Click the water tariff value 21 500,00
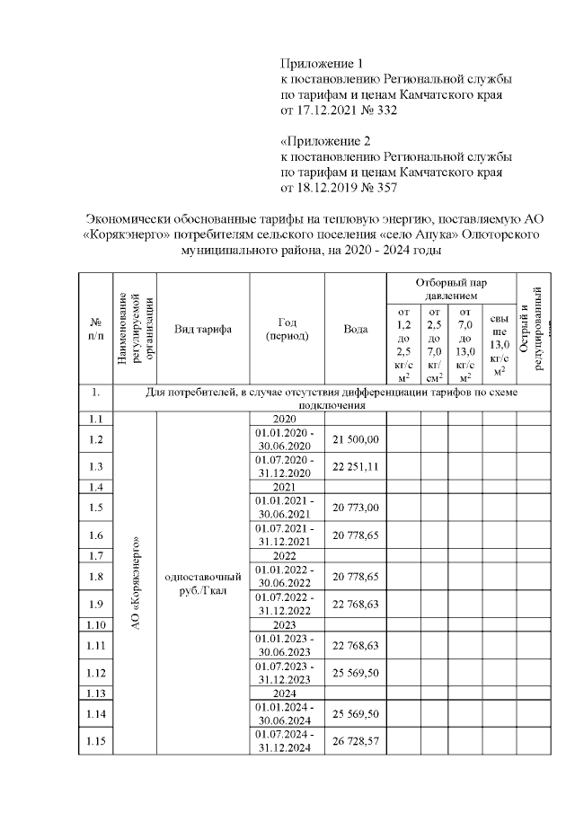[356, 439]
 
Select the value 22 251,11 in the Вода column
[356, 466]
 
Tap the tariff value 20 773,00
[356, 508]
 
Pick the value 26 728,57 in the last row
[356, 741]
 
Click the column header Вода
[356, 329]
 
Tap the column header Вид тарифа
[203, 329]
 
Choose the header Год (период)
[287, 329]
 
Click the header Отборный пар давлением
[451, 288]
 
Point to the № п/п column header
[96, 329]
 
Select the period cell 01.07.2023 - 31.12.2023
[287, 672]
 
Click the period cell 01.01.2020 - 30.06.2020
[287, 439]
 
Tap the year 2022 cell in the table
[287, 555]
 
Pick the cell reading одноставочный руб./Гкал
[203, 585]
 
